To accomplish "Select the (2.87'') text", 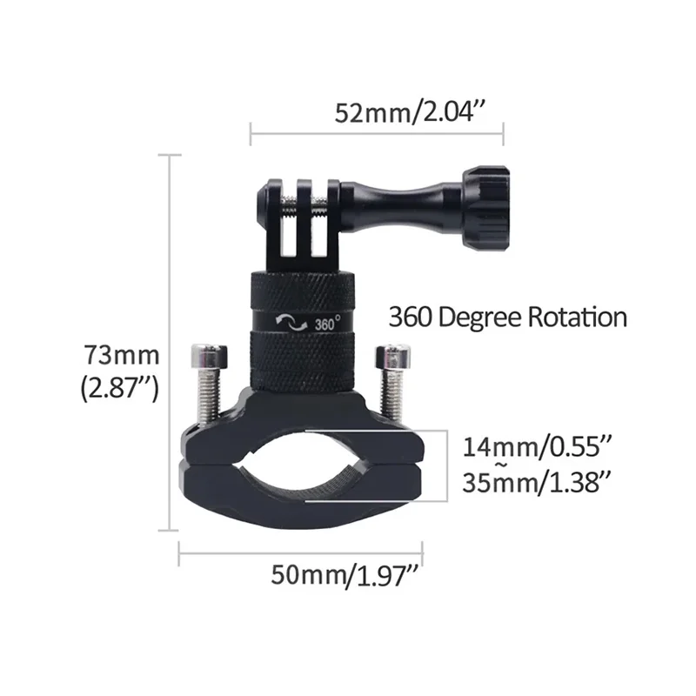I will pyautogui.click(x=119, y=389).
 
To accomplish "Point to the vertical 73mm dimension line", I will pyautogui.click(x=167, y=348).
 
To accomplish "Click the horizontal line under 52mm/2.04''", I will pyautogui.click(x=377, y=135).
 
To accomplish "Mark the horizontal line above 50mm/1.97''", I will pyautogui.click(x=300, y=550).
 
